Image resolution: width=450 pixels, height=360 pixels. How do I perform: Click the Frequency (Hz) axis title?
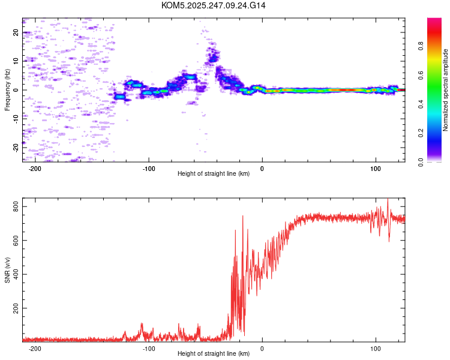(7, 90)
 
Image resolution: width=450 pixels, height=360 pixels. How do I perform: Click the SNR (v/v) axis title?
(7, 269)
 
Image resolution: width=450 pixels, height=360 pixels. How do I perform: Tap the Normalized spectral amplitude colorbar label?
(446, 90)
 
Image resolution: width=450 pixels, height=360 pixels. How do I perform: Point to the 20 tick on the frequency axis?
(16, 32)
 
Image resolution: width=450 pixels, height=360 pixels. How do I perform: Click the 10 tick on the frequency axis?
(16, 61)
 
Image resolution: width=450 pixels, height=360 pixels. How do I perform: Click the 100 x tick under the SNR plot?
(376, 347)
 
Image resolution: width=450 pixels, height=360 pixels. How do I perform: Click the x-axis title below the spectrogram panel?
(214, 174)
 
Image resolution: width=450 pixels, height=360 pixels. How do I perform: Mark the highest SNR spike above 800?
(388, 200)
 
